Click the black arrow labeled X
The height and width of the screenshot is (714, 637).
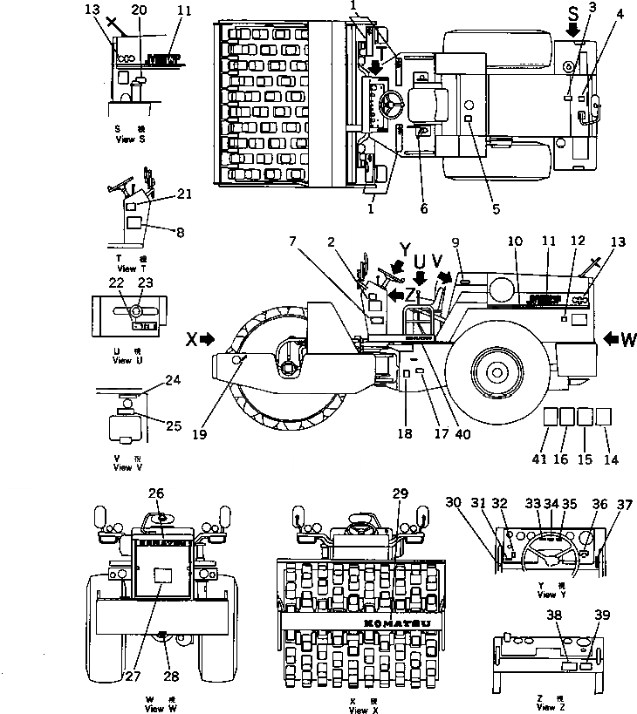tap(205, 339)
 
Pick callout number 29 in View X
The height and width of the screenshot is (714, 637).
tap(401, 494)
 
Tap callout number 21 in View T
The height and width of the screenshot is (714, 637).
tap(182, 194)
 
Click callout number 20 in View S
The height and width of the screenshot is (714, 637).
tap(139, 10)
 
